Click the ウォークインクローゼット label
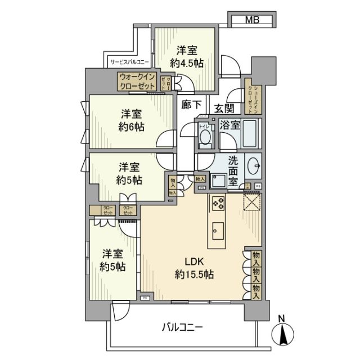(138, 82)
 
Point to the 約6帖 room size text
(131, 127)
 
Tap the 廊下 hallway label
(192, 104)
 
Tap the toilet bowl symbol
(205, 137)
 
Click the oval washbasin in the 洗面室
(254, 164)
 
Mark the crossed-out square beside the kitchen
(251, 200)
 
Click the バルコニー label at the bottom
(183, 327)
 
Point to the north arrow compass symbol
(283, 335)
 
